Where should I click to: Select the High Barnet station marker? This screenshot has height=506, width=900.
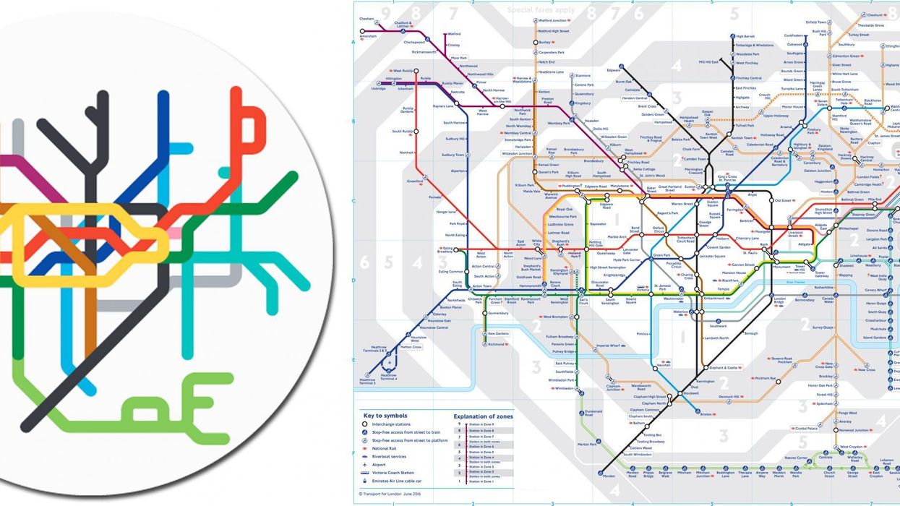[x=731, y=36]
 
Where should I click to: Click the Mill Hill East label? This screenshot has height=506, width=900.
[x=709, y=62]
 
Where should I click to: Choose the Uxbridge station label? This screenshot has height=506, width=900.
[x=377, y=88]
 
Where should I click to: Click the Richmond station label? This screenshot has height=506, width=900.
[x=497, y=344]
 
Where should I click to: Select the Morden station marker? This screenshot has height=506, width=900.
[x=600, y=473]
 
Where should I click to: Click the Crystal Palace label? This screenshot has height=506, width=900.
[x=805, y=429]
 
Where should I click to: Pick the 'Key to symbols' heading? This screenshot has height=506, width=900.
[x=385, y=416]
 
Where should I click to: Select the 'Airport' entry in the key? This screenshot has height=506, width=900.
[x=379, y=465]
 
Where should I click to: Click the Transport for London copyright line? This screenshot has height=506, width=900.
[x=390, y=494]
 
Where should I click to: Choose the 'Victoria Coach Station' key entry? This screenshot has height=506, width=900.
[x=395, y=473]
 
